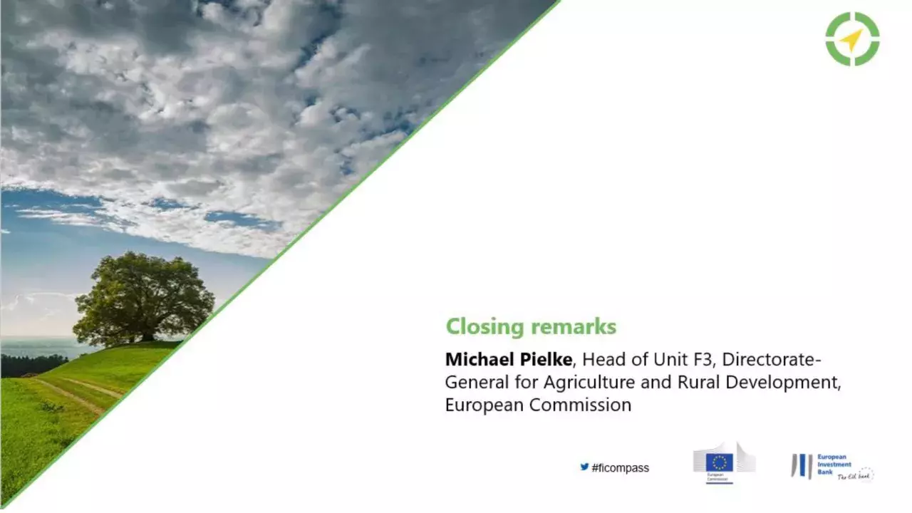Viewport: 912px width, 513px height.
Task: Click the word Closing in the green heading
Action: pos(485,327)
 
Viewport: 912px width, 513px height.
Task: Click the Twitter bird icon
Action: pos(584,467)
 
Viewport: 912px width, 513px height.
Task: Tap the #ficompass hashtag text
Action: pos(620,468)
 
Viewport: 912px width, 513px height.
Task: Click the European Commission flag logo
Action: pos(720,462)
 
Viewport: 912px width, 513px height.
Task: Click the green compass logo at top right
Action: pos(852,39)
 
